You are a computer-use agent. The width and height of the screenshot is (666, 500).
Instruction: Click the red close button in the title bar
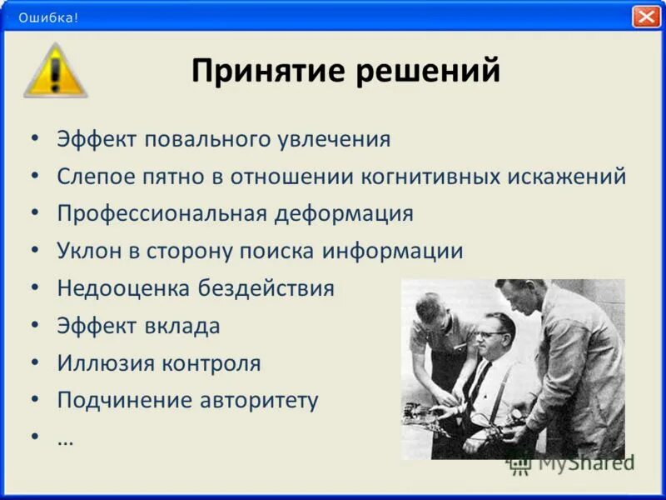646,17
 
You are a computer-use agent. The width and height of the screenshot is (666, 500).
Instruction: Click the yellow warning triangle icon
55,72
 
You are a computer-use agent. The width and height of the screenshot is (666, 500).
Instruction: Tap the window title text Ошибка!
48,17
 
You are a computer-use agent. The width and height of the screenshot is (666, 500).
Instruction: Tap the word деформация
344,213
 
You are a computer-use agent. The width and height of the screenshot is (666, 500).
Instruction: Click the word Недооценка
123,288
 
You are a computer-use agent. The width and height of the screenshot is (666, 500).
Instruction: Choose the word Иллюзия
104,363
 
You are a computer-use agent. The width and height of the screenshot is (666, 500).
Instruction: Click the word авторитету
258,401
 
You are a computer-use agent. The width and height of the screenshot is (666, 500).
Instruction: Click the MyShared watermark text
585,462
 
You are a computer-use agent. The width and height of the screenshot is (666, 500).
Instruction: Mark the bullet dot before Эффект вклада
34,326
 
